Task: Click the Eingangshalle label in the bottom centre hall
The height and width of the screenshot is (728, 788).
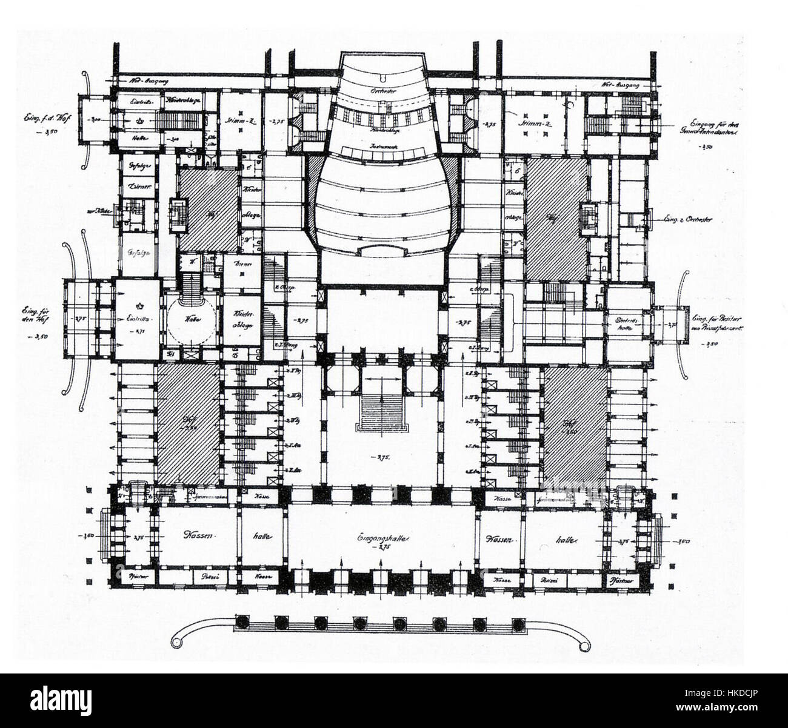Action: coord(381,538)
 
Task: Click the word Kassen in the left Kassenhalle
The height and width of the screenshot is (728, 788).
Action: coord(199,536)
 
